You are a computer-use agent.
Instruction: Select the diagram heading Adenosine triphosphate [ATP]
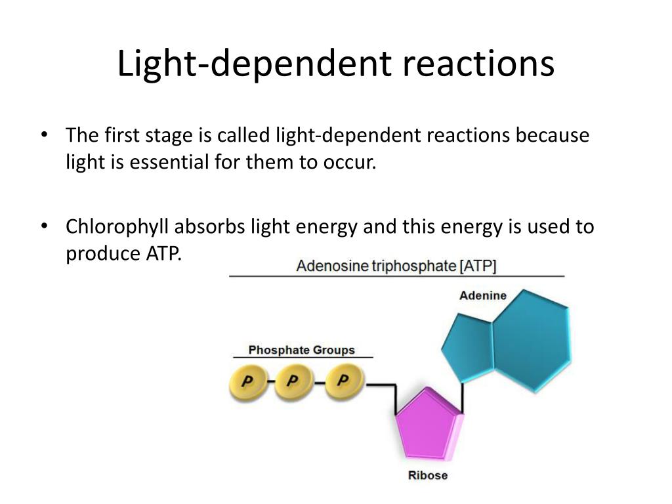(x=396, y=266)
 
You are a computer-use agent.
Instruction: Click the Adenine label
(x=482, y=295)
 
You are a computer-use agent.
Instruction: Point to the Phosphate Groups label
(x=301, y=350)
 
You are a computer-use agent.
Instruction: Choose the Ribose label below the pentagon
(x=428, y=475)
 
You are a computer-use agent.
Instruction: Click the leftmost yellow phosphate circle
(x=247, y=383)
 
